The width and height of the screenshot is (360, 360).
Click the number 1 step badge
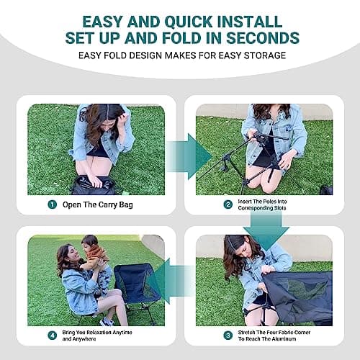(x=52, y=204)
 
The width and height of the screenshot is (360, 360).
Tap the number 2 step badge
(x=228, y=204)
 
